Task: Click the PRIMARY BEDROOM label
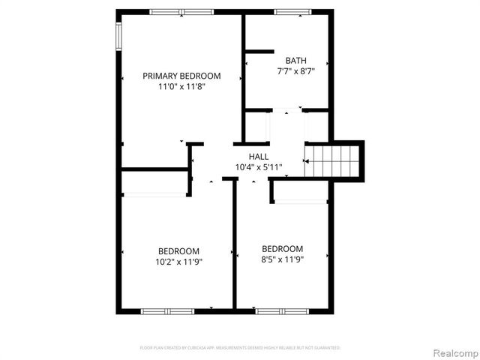click(x=181, y=76)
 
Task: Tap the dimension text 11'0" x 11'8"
click(x=181, y=87)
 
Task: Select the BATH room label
click(x=295, y=61)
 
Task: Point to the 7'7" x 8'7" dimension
click(x=295, y=72)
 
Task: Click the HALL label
click(x=259, y=156)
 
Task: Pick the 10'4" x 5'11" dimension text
click(x=259, y=166)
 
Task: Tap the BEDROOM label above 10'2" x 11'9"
click(x=178, y=251)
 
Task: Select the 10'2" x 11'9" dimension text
click(x=178, y=262)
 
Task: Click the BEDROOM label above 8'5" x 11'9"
click(x=282, y=249)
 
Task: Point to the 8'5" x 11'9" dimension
click(x=282, y=260)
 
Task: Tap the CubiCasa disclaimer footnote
click(x=240, y=348)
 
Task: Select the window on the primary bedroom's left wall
click(x=118, y=34)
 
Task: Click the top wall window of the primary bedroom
click(x=180, y=11)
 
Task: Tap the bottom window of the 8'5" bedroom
click(x=281, y=310)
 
